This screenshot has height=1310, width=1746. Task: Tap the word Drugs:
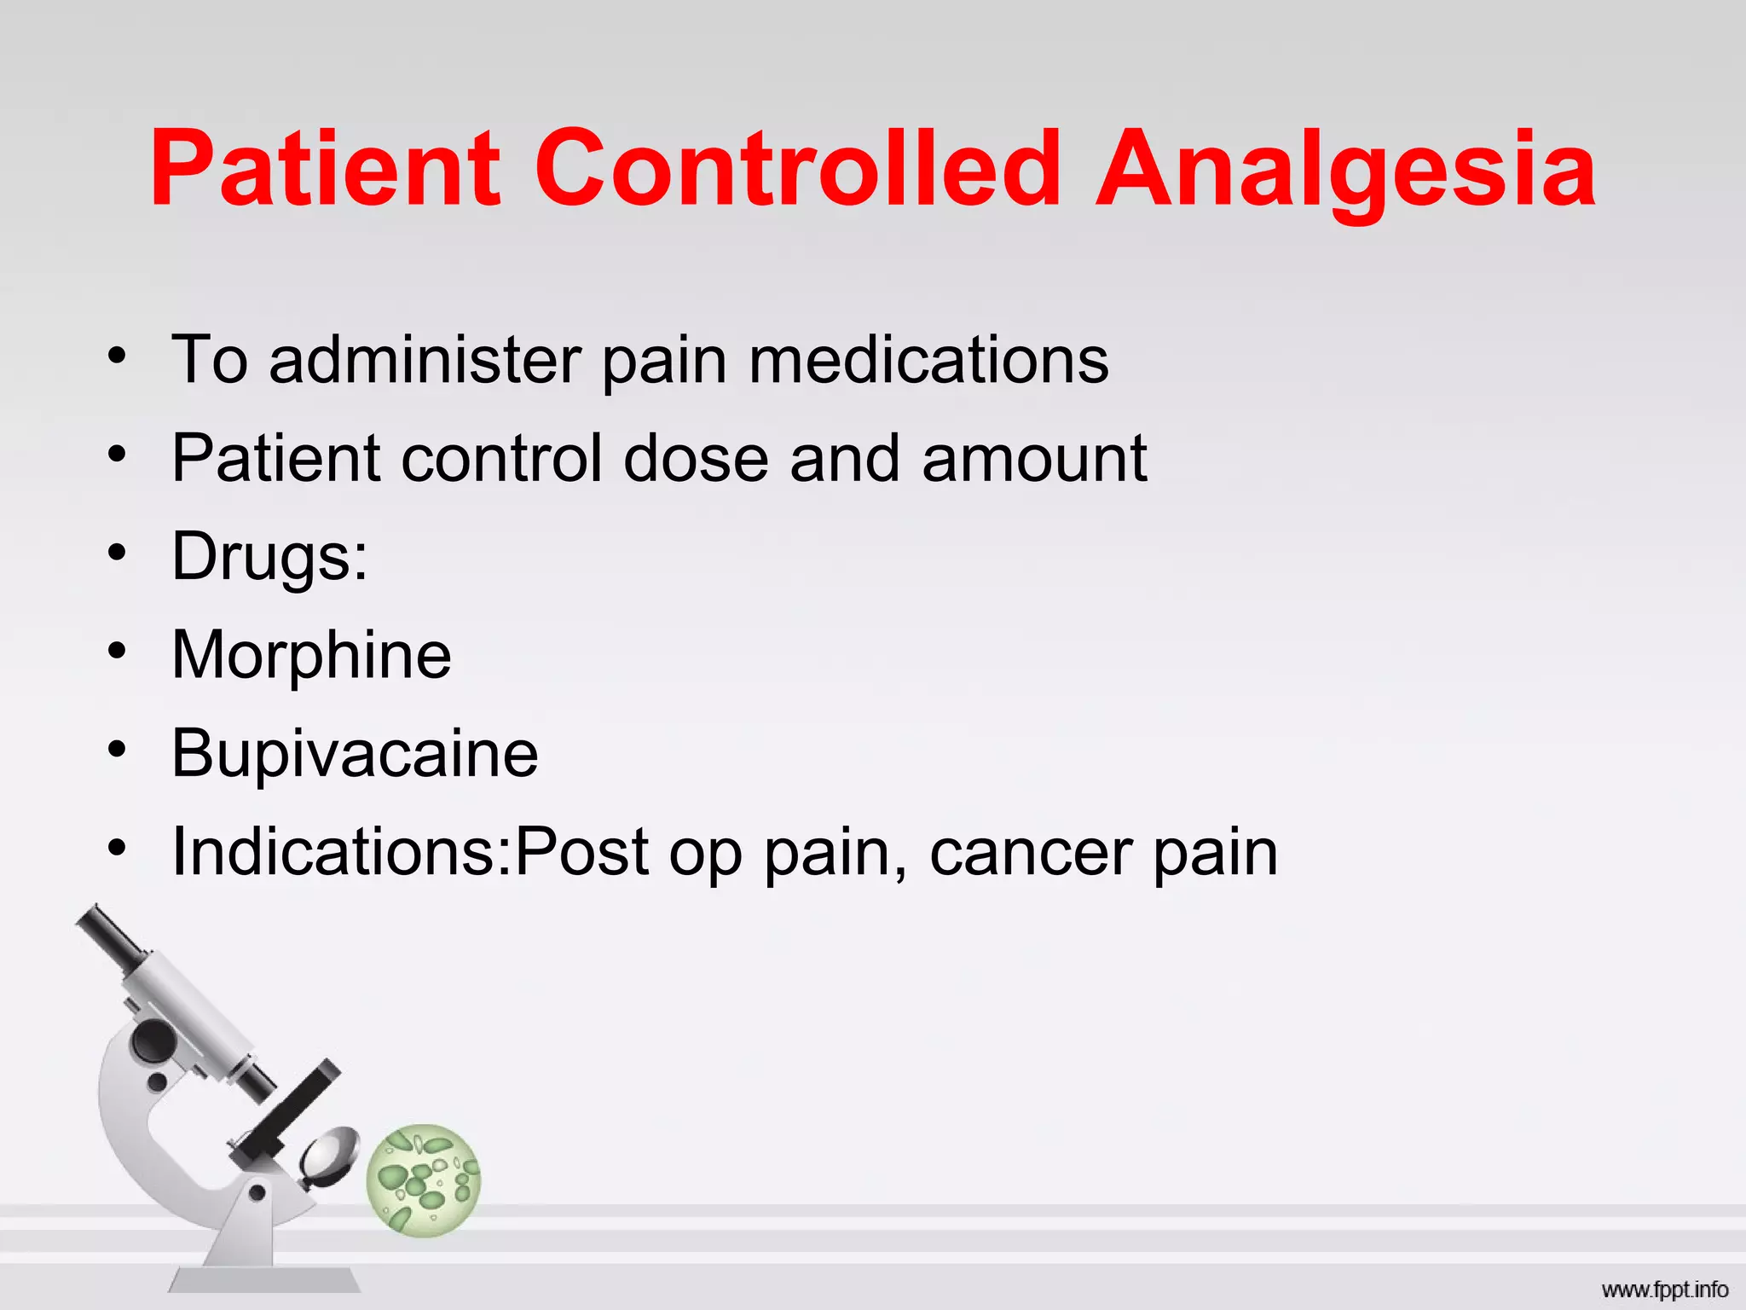pos(269,556)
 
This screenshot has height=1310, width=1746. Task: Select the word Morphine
pos(311,655)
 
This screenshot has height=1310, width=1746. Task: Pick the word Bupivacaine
pos(355,753)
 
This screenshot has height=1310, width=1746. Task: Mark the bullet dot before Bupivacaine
pos(117,751)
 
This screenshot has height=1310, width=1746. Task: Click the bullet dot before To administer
pos(117,356)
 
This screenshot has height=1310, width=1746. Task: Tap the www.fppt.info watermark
pos(1664,1290)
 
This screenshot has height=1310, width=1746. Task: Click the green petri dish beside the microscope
pos(424,1180)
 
